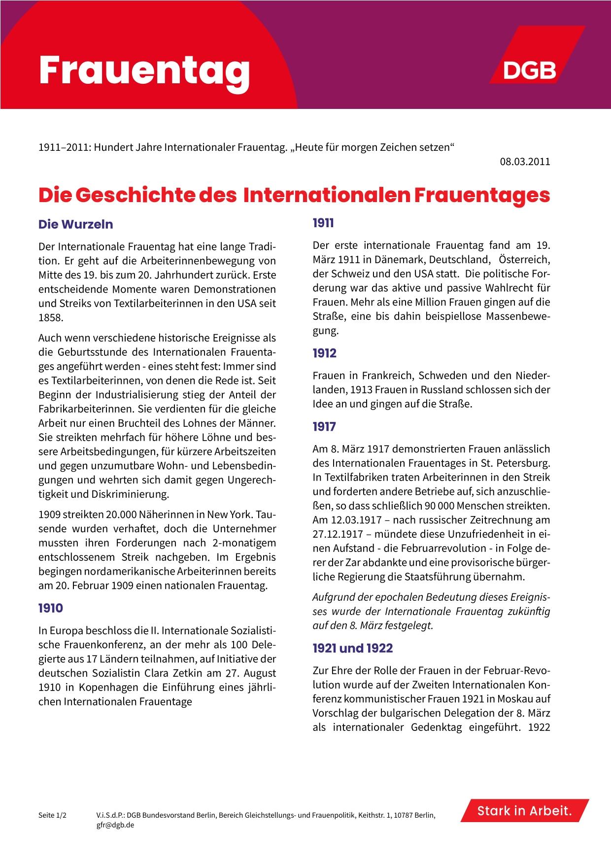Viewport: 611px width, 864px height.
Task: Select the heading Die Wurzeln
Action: [76, 224]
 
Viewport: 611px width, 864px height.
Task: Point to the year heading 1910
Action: [51, 608]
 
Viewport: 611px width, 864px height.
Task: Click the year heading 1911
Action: [323, 223]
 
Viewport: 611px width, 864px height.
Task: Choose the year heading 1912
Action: [324, 353]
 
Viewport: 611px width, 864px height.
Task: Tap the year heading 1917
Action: [324, 427]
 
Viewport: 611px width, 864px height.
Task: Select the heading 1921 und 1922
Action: [352, 648]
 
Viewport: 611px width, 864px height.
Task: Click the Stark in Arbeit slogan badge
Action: [524, 811]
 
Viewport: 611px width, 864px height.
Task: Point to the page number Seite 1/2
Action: [52, 816]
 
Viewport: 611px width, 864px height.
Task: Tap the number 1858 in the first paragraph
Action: [51, 318]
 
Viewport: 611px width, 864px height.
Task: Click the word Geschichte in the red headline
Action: [135, 195]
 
